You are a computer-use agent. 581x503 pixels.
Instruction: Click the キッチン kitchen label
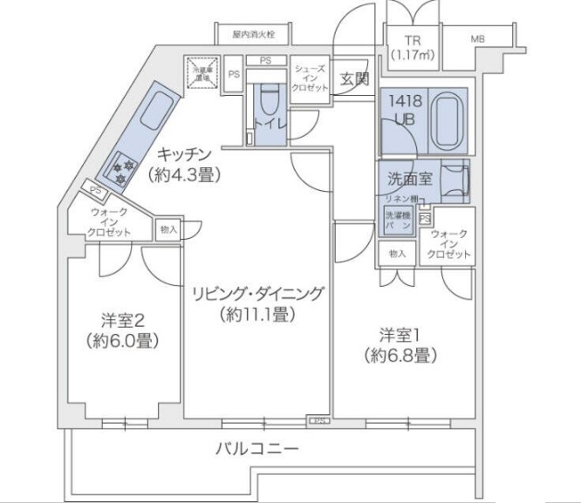(186, 165)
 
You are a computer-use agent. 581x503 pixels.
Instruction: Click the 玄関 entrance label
(354, 78)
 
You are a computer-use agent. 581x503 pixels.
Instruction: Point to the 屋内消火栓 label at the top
(253, 36)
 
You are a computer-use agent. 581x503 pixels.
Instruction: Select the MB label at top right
(479, 40)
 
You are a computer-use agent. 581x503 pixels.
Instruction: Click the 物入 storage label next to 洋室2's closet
(167, 230)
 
